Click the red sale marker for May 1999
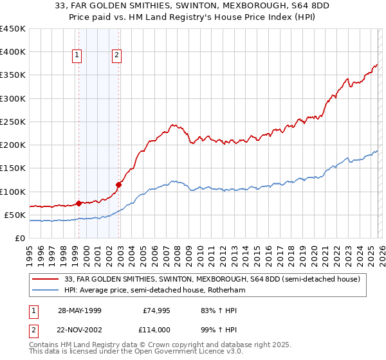click(x=78, y=203)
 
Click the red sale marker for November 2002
click(x=118, y=185)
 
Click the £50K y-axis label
click(x=15, y=215)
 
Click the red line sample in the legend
click(x=46, y=279)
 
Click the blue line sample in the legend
click(x=46, y=290)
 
